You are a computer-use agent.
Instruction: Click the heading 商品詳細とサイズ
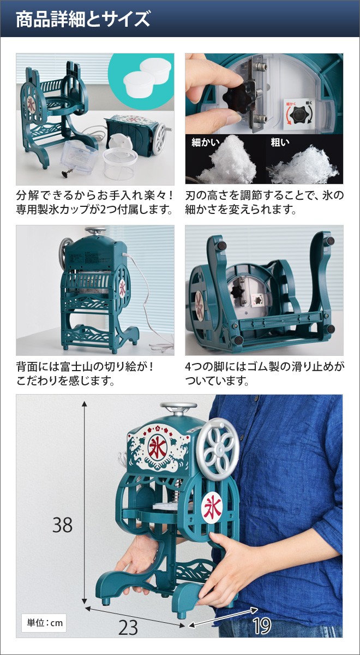[82, 20]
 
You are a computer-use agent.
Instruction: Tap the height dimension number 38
[63, 525]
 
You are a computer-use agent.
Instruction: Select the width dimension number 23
[128, 627]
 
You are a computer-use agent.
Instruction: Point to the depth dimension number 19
[262, 626]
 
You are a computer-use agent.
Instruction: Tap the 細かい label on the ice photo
[205, 143]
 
